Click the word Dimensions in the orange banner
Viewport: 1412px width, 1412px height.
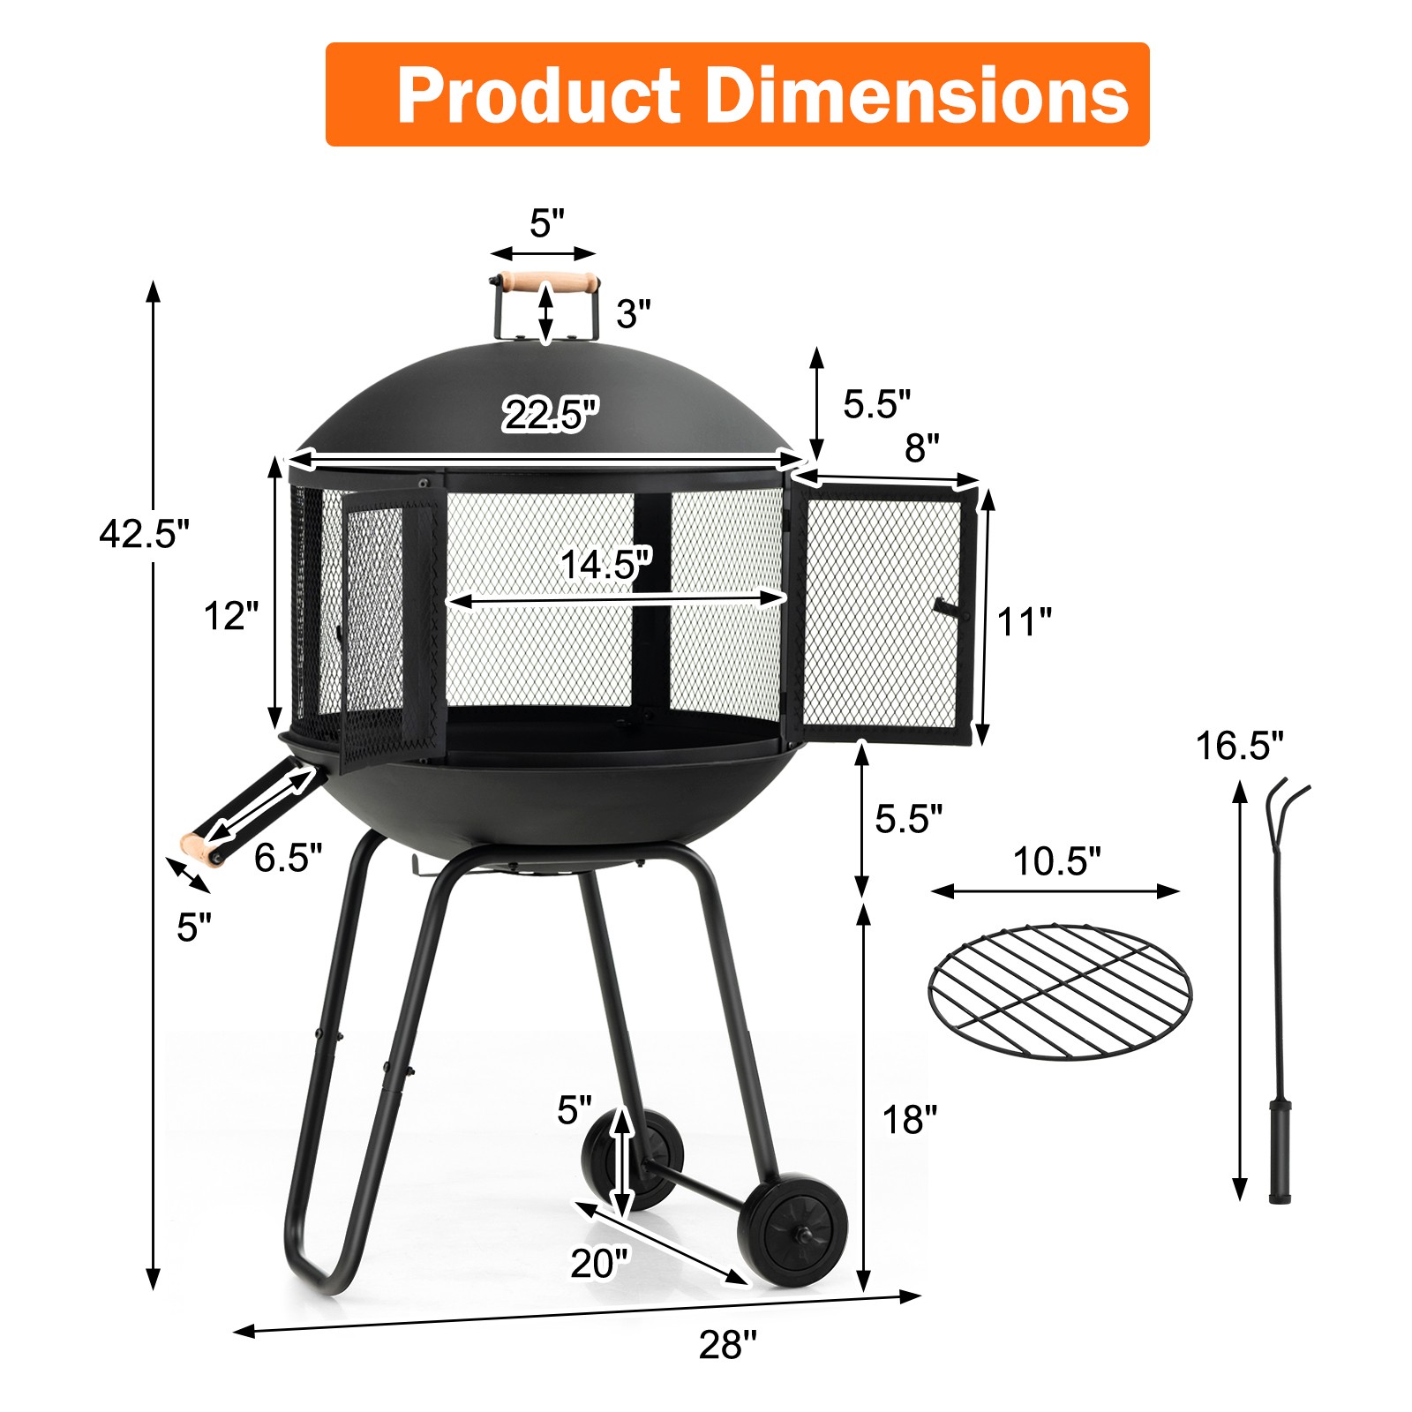click(917, 96)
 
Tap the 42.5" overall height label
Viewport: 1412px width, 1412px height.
click(144, 533)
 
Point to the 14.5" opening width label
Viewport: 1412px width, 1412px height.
click(605, 564)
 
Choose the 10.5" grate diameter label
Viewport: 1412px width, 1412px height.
click(1056, 861)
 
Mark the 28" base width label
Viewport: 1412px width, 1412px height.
click(728, 1345)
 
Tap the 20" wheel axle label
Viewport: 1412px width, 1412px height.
click(600, 1263)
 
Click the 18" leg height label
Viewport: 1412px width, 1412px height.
click(910, 1120)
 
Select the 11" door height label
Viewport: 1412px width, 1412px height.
click(1024, 622)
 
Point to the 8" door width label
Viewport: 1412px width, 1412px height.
click(921, 448)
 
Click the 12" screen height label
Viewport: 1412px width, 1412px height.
click(231, 616)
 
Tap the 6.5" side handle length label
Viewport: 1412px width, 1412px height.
click(288, 857)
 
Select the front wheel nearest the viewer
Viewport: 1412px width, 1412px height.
click(792, 1228)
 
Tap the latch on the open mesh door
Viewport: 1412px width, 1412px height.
click(947, 608)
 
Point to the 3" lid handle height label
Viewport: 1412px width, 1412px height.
click(633, 313)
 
